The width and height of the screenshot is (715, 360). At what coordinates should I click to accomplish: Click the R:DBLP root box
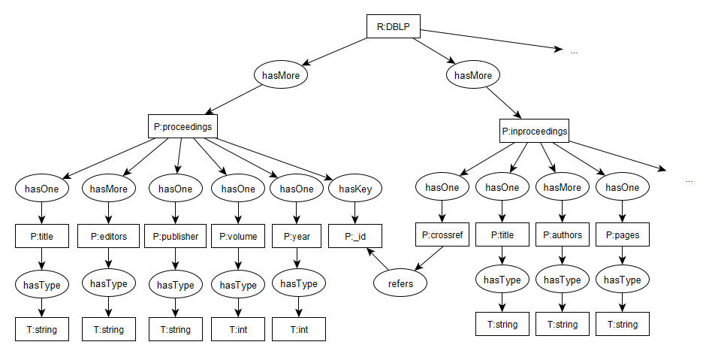(x=393, y=26)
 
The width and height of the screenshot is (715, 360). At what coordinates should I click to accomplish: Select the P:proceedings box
(x=183, y=126)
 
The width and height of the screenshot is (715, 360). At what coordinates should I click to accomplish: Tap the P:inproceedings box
(x=535, y=132)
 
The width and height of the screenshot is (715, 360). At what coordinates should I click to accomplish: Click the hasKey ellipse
(x=354, y=189)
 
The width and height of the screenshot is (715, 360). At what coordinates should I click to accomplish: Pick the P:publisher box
(x=176, y=236)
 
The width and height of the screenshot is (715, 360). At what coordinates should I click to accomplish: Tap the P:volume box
(x=237, y=236)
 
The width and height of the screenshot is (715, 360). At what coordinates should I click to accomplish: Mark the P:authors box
(x=562, y=234)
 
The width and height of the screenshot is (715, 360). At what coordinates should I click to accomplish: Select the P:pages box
(x=623, y=234)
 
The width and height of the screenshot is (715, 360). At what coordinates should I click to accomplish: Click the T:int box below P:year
(x=299, y=329)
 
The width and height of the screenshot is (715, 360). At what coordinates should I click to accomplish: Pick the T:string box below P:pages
(x=623, y=324)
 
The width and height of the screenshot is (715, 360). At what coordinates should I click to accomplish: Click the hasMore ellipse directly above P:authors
(x=562, y=188)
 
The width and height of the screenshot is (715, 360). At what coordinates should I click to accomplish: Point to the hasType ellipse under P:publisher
(x=176, y=284)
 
